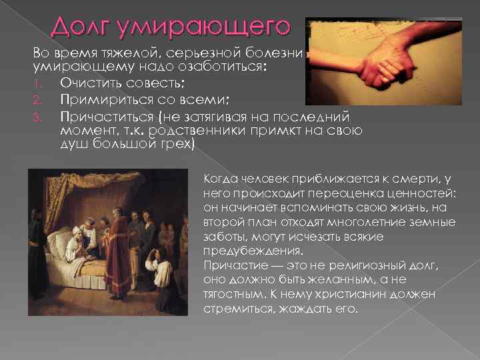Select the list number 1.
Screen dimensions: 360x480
pyautogui.click(x=38, y=83)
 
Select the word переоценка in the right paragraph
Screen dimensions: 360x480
pyautogui.click(x=335, y=193)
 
